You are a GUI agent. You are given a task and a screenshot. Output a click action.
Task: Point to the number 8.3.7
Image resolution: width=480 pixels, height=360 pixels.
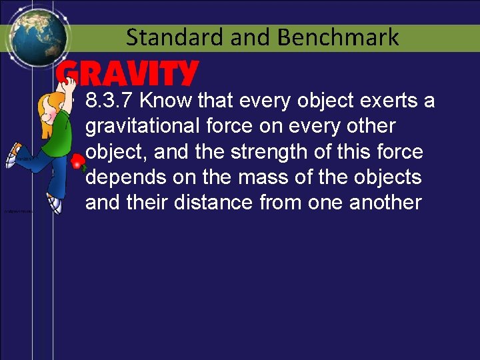pos(111,101)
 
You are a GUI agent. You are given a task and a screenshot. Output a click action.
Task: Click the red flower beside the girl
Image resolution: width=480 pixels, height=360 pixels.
pos(79,161)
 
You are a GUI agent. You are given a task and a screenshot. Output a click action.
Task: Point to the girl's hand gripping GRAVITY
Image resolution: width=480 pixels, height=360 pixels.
pos(65,81)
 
